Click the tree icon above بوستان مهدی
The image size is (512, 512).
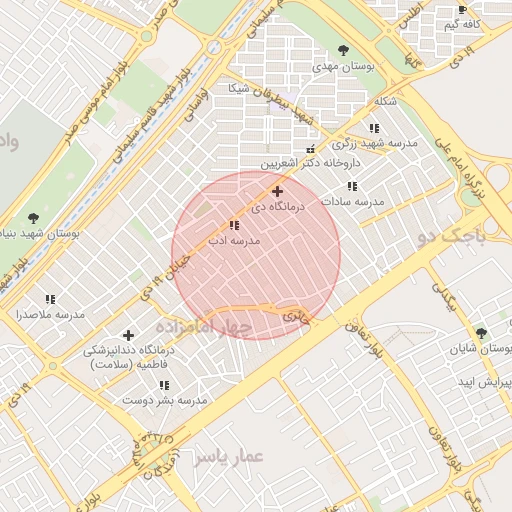pyautogui.click(x=344, y=50)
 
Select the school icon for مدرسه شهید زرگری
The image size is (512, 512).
pyautogui.click(x=373, y=129)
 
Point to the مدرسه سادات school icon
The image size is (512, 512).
pyautogui.click(x=351, y=186)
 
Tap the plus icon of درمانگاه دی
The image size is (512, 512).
pyautogui.click(x=277, y=191)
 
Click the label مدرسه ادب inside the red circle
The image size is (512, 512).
pyautogui.click(x=233, y=241)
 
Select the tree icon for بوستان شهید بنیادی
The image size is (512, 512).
pyautogui.click(x=35, y=217)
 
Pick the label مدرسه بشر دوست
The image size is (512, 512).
pyautogui.click(x=164, y=399)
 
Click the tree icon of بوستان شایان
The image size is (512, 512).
pyautogui.click(x=481, y=333)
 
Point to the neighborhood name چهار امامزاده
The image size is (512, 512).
pyautogui.click(x=205, y=328)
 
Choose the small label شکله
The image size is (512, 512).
pyautogui.click(x=385, y=102)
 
